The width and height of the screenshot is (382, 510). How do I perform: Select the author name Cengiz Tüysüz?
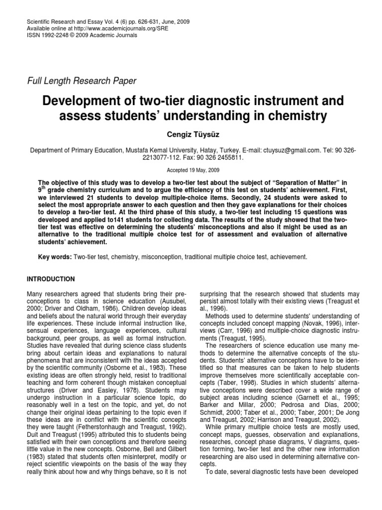tap(191, 135)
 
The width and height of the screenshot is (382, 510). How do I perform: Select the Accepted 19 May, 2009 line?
tap(191, 169)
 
